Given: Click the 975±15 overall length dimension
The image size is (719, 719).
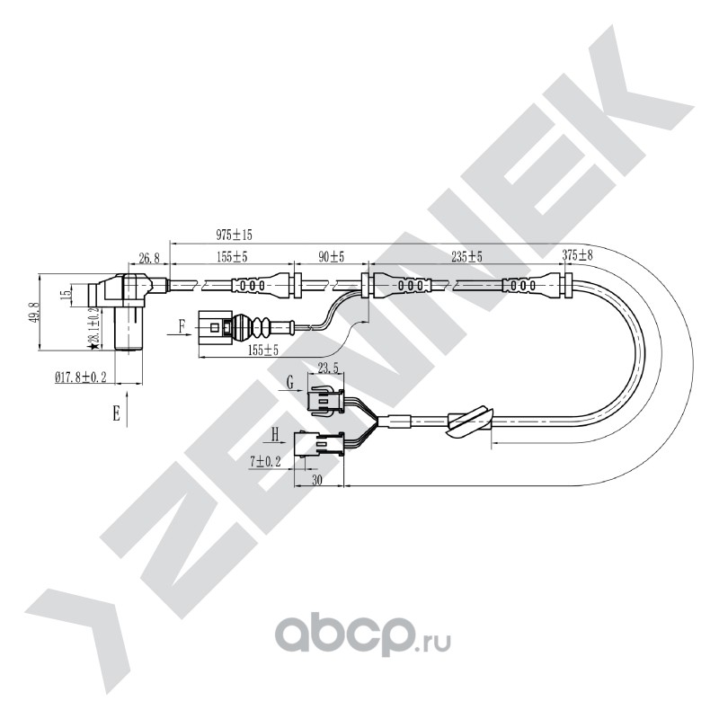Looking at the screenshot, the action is pyautogui.click(x=234, y=235).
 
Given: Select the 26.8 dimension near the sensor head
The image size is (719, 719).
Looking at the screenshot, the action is pyautogui.click(x=149, y=258).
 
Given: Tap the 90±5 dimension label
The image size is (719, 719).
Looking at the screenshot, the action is pyautogui.click(x=331, y=257).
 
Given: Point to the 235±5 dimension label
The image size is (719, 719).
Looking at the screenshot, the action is pyautogui.click(x=466, y=257).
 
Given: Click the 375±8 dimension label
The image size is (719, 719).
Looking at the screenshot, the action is pyautogui.click(x=577, y=255).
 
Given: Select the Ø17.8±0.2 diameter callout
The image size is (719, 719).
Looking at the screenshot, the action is pyautogui.click(x=81, y=377).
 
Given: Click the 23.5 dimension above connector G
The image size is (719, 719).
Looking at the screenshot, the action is pyautogui.click(x=328, y=368).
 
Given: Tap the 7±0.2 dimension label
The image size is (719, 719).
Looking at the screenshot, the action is pyautogui.click(x=265, y=462).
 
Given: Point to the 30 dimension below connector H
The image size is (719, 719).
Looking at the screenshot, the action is pyautogui.click(x=317, y=480).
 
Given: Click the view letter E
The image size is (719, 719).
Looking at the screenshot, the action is pyautogui.click(x=117, y=414).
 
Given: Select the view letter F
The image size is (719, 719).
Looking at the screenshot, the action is pyautogui.click(x=182, y=326).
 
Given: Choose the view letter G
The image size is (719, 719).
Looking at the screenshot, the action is pyautogui.click(x=289, y=382).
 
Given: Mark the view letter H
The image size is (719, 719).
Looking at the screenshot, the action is pyautogui.click(x=275, y=434).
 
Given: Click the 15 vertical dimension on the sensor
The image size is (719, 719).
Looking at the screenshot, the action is pyautogui.click(x=67, y=294).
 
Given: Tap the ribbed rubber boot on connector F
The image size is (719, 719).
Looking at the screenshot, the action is pyautogui.click(x=253, y=327).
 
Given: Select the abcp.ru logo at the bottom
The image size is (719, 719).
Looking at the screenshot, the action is pyautogui.click(x=362, y=635).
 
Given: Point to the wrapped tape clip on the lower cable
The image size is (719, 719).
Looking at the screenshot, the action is pyautogui.click(x=471, y=421).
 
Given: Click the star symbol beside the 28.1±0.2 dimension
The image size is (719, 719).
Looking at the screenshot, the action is pyautogui.click(x=94, y=345).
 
